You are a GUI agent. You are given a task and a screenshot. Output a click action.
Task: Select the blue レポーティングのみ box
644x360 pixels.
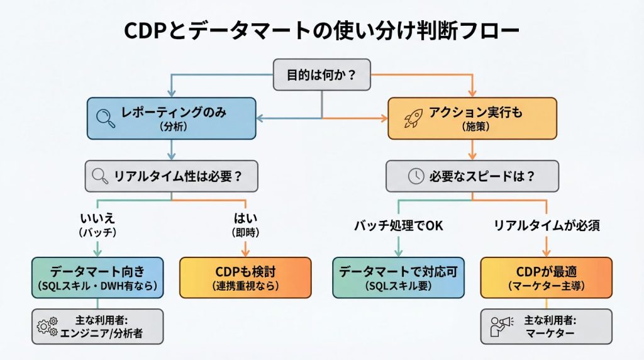click(x=171, y=118)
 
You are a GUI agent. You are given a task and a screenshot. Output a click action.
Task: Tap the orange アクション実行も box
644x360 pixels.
click(x=472, y=118)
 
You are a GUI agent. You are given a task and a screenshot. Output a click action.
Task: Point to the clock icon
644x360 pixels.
click(x=415, y=176)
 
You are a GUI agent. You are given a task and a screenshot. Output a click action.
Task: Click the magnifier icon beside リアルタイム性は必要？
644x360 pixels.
click(x=101, y=176)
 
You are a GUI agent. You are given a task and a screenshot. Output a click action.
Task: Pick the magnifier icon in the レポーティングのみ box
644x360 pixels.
click(x=104, y=116)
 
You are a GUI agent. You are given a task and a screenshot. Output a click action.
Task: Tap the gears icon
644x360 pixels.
click(x=46, y=326)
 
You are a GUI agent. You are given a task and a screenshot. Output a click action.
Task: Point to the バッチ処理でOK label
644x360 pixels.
click(x=397, y=225)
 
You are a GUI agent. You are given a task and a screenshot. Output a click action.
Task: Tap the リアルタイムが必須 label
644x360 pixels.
click(x=545, y=225)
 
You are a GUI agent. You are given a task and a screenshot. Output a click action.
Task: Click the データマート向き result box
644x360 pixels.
click(x=97, y=277)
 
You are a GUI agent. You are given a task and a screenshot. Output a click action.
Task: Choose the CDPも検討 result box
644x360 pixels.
click(x=245, y=277)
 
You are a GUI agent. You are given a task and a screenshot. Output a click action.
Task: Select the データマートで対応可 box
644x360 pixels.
click(x=399, y=277)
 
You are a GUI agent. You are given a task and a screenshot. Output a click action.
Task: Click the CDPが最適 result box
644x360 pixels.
click(x=547, y=277)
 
